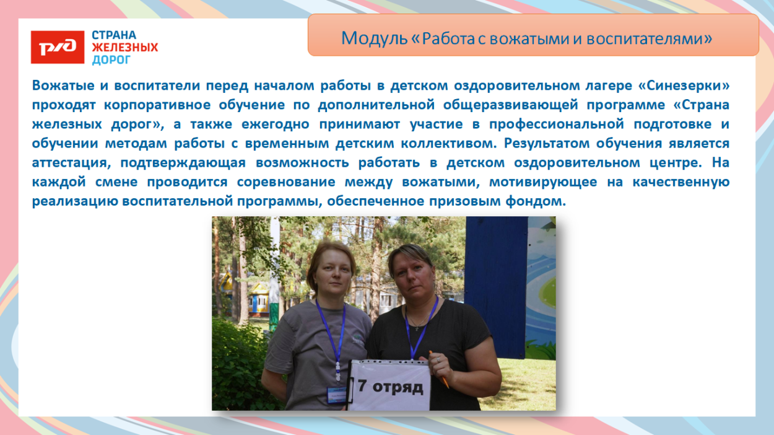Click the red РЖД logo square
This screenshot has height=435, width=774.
tap(58, 47)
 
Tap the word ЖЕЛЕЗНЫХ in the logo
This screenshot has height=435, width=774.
tap(124, 47)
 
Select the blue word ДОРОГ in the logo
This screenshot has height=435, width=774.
tap(111, 59)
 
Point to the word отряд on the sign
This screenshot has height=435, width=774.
tap(399, 387)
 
